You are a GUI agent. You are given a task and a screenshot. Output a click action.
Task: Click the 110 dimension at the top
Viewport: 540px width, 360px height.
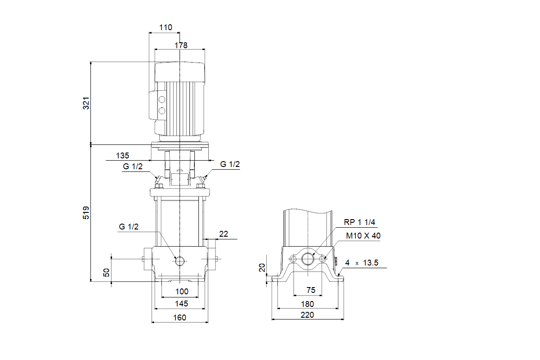[166, 28]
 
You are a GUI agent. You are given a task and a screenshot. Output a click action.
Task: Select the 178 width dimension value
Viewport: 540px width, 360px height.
[181, 45]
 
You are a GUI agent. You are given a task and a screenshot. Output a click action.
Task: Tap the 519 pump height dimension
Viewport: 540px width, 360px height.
[86, 213]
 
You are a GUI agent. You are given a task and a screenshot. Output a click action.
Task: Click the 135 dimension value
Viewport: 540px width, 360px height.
[122, 156]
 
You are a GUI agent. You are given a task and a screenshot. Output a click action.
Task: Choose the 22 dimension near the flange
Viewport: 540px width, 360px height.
[224, 234]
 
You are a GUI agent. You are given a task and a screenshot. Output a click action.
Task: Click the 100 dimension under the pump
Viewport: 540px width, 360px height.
[181, 292]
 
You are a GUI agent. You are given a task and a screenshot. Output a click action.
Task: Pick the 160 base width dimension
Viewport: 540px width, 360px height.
[180, 317]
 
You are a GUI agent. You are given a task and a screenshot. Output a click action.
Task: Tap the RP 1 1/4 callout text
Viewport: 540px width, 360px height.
[359, 221]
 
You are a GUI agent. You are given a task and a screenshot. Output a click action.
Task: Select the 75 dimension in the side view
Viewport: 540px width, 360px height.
[310, 290]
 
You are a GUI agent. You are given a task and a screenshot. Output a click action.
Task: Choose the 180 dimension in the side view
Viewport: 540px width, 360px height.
[308, 304]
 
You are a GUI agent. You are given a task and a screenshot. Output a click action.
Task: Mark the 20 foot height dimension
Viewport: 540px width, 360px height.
[262, 269]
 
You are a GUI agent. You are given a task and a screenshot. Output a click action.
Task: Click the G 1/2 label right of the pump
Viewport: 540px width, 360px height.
[230, 165]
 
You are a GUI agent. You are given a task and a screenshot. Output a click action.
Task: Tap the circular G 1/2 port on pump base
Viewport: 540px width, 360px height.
[180, 261]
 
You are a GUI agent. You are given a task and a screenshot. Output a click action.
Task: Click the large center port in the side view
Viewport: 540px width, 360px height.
[308, 259]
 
